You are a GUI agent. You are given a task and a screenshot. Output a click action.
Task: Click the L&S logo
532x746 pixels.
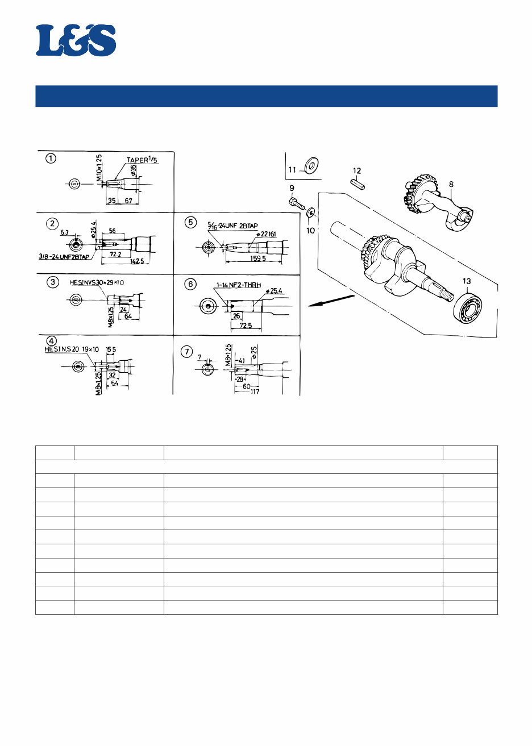76,40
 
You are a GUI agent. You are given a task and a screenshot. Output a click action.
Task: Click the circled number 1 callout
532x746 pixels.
51,159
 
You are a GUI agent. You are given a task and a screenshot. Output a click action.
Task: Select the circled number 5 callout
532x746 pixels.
189,222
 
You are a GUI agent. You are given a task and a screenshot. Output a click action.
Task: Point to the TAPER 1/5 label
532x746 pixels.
142,160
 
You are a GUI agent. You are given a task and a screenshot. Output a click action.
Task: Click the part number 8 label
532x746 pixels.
451,184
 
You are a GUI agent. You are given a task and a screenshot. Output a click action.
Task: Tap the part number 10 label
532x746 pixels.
310,231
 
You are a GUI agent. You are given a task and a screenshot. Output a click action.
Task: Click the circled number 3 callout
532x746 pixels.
52,282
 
